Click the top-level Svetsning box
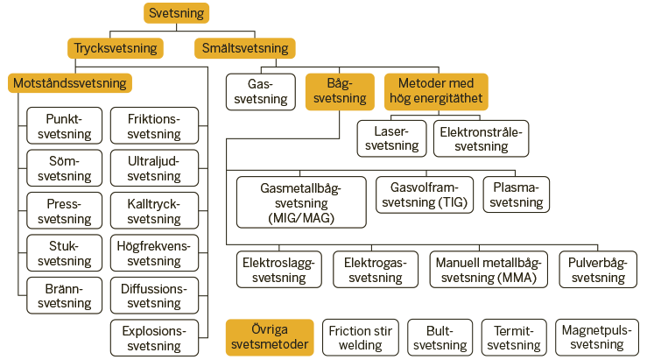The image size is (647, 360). [x=177, y=13]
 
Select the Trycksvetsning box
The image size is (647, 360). [x=116, y=48]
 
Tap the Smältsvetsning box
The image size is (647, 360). [x=245, y=48]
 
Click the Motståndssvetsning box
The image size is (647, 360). [x=70, y=83]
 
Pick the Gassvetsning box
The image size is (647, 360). [x=261, y=92]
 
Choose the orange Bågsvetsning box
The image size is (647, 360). [x=340, y=92]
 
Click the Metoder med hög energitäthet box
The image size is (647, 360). [x=436, y=92]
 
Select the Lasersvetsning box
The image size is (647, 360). [x=391, y=138]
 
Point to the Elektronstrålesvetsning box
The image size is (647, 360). [x=482, y=138]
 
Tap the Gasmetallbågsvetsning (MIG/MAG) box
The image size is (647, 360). [x=301, y=202]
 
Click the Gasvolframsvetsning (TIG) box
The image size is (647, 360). [x=425, y=194]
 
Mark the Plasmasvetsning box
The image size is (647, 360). [x=517, y=194]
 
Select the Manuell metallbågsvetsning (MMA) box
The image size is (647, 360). [x=489, y=270]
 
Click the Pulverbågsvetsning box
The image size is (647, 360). [x=598, y=270]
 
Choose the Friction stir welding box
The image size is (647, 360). [x=361, y=338]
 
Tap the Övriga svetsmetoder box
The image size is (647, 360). [x=270, y=338]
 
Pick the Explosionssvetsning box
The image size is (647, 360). [x=154, y=338]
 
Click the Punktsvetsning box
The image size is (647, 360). [x=65, y=126]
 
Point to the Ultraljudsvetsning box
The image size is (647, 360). [x=154, y=168]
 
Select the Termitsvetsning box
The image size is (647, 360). [x=514, y=338]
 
